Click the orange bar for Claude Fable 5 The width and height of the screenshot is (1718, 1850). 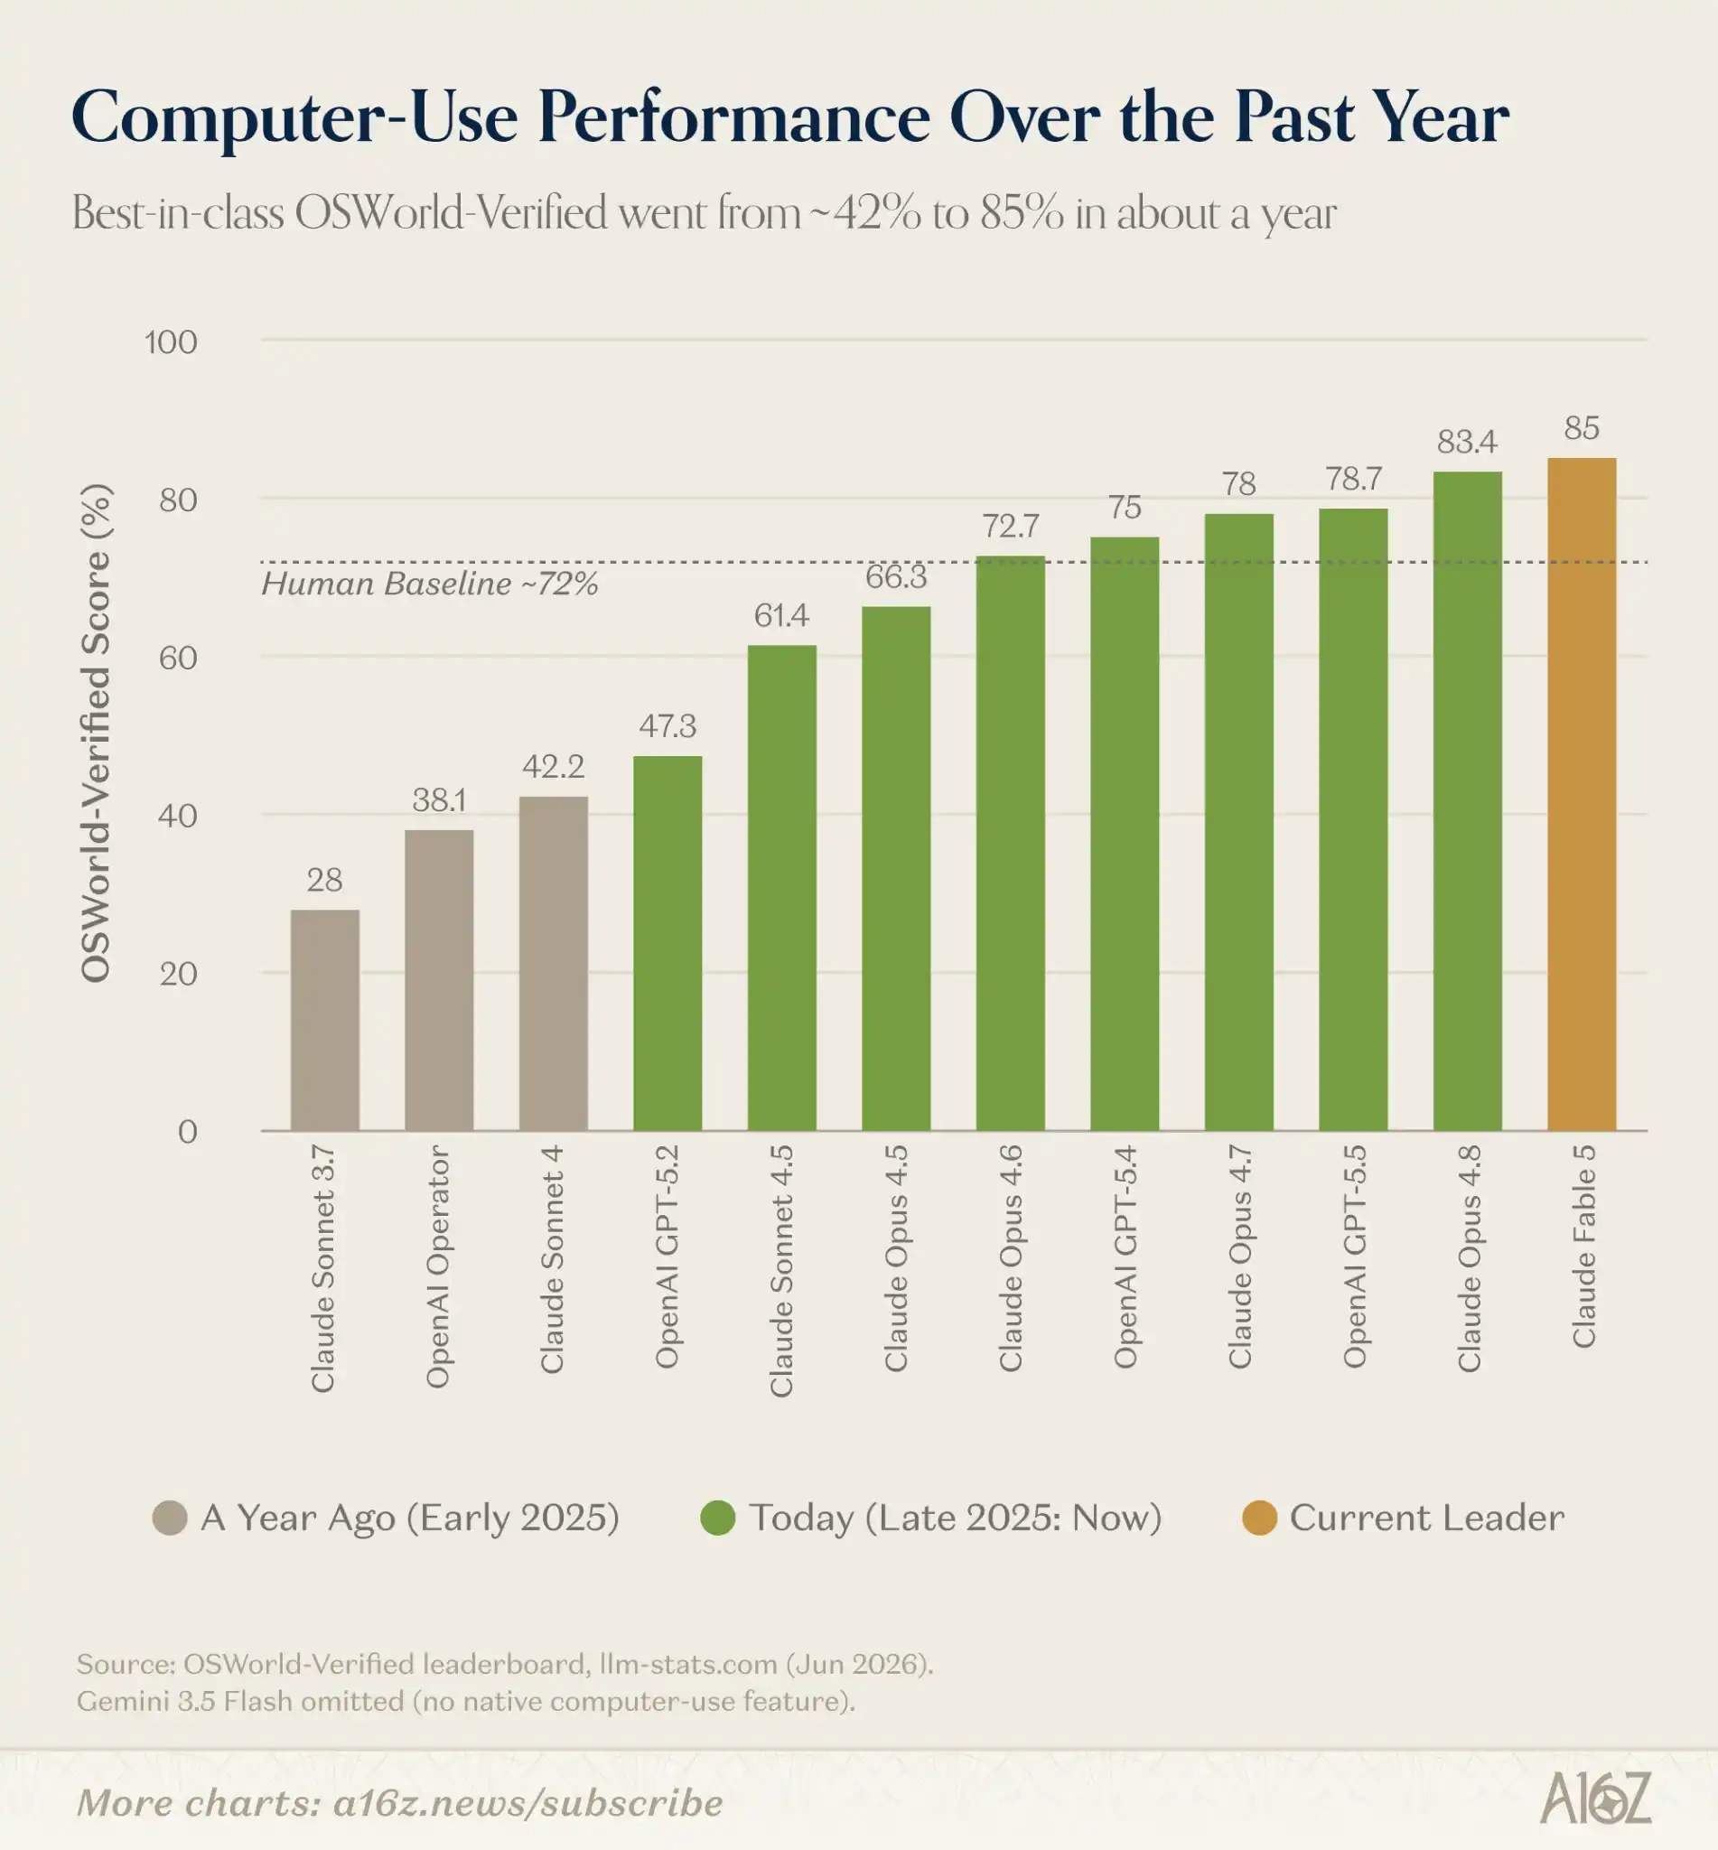1582,794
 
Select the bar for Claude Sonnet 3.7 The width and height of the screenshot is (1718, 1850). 324,1020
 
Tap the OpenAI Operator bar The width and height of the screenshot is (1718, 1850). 439,980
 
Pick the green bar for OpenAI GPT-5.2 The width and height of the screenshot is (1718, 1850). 668,944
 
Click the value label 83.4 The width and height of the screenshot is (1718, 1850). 1467,441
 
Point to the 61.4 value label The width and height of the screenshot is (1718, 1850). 782,614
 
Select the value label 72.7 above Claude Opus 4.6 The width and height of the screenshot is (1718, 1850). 1011,525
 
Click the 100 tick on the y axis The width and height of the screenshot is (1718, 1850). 171,342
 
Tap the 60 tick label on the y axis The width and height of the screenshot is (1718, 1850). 179,658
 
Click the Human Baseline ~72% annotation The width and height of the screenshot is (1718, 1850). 430,584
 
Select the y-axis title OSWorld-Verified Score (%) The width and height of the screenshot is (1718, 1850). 96,733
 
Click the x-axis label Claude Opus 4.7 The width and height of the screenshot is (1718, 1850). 1239,1257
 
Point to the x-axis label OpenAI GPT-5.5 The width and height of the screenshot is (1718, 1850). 1354,1256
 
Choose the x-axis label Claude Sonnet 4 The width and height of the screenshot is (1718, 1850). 552,1258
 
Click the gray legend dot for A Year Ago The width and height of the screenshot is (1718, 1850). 170,1518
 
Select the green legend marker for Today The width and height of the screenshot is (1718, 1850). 718,1518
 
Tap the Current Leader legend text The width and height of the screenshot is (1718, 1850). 1427,1518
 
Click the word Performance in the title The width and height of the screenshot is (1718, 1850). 734,117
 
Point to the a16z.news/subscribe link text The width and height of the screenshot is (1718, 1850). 528,1803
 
